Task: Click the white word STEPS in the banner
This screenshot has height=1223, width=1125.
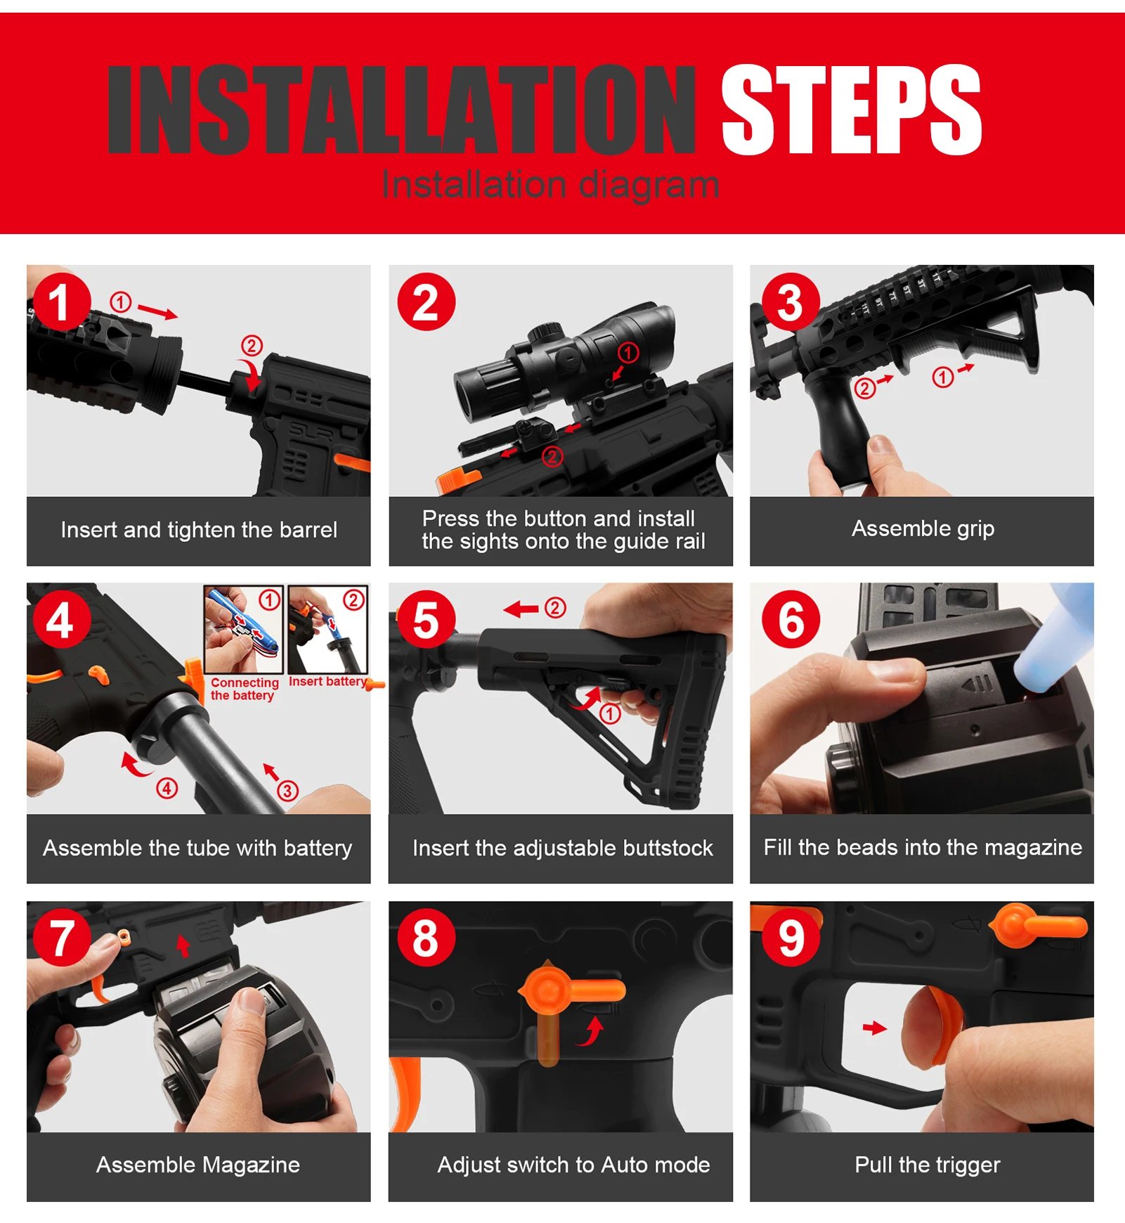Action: (851, 109)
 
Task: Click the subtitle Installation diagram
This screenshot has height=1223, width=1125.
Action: (550, 185)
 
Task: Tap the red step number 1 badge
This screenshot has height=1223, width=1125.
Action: (61, 302)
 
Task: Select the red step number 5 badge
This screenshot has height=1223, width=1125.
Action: (426, 620)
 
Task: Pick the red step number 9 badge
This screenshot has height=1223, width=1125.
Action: (791, 938)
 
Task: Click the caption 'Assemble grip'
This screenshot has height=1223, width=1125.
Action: (923, 529)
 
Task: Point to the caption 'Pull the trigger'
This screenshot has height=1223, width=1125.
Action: (927, 1165)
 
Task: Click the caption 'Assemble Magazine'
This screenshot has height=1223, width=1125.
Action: (198, 1165)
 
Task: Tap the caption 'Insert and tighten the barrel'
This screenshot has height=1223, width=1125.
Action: (199, 529)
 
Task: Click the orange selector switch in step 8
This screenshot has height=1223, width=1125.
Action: (562, 998)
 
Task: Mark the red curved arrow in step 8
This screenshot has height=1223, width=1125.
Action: (592, 1032)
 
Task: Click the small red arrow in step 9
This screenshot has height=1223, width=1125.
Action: (875, 1028)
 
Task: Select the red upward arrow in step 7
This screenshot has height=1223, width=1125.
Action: (183, 945)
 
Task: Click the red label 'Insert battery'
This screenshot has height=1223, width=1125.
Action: (327, 681)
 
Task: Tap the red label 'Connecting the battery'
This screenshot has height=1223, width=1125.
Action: (245, 689)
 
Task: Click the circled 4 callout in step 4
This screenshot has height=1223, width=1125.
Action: (167, 788)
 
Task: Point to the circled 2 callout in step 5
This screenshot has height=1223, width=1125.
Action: (555, 607)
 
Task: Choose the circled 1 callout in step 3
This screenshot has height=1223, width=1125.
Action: (942, 377)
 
